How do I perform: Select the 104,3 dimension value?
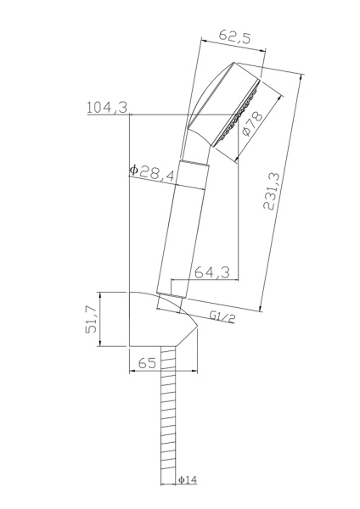click(x=107, y=107)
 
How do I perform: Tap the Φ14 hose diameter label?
click(x=188, y=481)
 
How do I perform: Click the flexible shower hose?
click(x=168, y=424)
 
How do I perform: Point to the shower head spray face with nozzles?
click(x=239, y=110)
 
